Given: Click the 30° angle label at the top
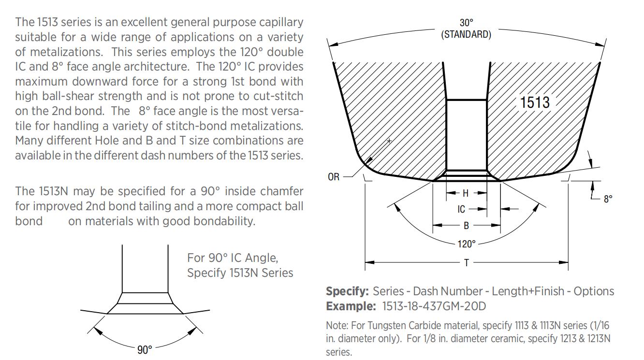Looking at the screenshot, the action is coord(467,22).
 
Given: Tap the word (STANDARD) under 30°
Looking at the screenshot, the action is coord(466,34).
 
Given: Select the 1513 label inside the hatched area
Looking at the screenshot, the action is coord(535,102).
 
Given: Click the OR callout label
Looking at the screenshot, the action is coord(334,177).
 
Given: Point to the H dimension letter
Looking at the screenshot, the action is coord(466,193).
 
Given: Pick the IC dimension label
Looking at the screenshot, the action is coord(461,209).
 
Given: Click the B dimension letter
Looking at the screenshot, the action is coord(467,226).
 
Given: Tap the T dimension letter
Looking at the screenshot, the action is coord(467,262).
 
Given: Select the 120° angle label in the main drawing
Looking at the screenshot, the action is coord(467,244).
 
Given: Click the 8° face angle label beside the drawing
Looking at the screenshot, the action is coord(608,199).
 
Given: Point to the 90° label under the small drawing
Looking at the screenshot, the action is coord(145,350).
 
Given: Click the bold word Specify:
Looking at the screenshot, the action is coord(347,291).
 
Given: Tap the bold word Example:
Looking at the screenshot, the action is coord(351,306).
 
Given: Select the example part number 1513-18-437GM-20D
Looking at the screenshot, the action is coord(434,306).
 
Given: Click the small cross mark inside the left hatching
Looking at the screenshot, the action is coord(389,141).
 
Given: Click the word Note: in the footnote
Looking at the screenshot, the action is coord(337,326).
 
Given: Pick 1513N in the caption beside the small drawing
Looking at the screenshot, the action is coord(244,273).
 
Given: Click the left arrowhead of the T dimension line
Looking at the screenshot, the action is coord(370,262).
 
